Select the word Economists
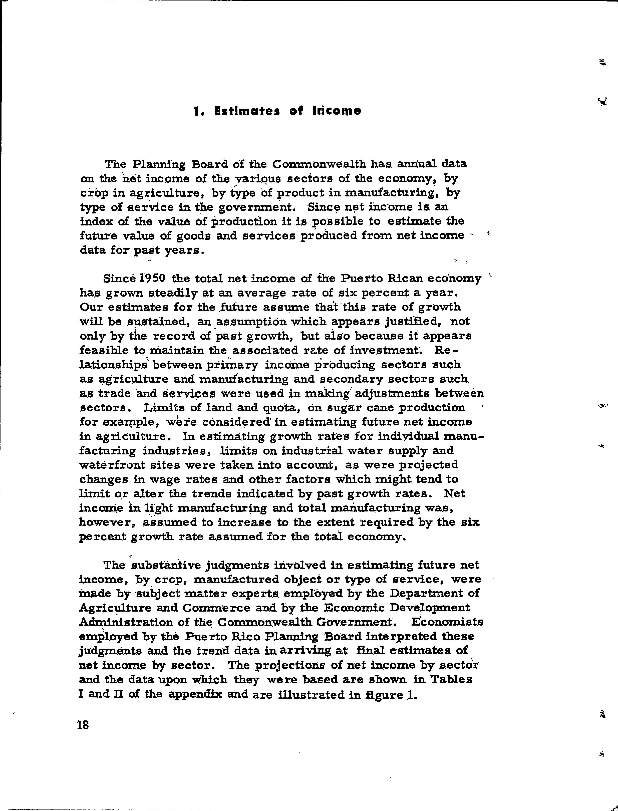447,622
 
